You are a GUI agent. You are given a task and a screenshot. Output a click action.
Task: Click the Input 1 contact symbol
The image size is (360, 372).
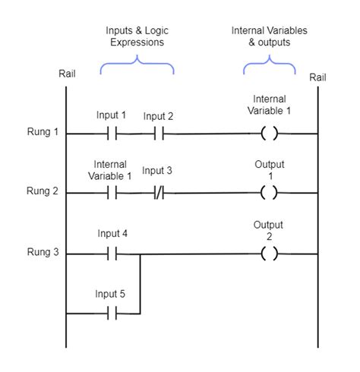point(112,134)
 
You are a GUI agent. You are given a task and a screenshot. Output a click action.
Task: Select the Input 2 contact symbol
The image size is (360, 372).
point(159,134)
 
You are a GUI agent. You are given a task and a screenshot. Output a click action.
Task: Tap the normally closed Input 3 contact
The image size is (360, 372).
point(159,193)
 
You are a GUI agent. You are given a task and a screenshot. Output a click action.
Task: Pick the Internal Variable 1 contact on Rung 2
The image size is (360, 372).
point(112,193)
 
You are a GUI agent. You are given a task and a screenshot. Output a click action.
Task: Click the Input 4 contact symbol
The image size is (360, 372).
point(112,254)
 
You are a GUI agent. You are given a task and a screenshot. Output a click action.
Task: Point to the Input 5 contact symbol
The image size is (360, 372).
point(112,314)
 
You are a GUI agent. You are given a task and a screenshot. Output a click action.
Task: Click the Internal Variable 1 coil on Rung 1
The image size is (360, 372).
point(270,133)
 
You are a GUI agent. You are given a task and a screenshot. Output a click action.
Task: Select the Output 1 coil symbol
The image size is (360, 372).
point(269,193)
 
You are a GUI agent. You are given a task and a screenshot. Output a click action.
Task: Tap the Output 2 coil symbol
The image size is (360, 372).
point(270,254)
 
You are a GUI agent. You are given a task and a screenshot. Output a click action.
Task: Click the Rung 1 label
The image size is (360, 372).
point(43,132)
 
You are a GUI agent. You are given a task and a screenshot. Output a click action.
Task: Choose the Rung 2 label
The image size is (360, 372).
point(43,191)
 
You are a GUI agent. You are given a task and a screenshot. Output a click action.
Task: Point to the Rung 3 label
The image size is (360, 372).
point(43,252)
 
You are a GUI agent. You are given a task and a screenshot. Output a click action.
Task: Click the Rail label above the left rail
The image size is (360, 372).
point(67,74)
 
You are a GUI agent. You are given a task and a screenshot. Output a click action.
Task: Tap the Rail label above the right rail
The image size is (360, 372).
point(317,77)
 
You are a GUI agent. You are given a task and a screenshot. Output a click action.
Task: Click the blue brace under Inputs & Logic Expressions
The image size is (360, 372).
point(137,62)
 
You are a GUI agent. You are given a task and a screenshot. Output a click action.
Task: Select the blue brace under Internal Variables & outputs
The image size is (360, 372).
point(270,62)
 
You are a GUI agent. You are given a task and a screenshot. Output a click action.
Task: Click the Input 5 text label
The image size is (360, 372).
point(110,294)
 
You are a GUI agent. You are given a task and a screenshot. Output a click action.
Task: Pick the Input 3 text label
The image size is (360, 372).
point(157,171)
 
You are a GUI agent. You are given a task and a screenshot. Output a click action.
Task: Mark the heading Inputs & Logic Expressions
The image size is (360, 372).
point(137,36)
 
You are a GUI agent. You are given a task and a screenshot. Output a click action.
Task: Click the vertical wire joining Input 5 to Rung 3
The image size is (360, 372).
point(140,284)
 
